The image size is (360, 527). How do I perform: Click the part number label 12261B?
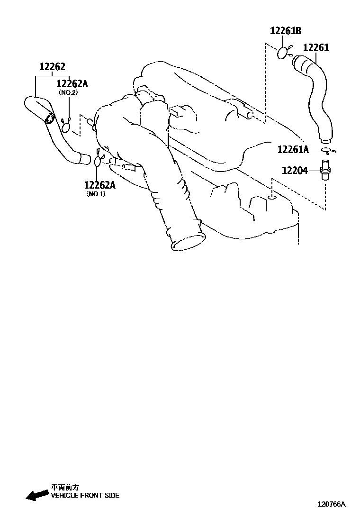(286, 31)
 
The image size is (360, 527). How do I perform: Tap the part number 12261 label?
(316, 48)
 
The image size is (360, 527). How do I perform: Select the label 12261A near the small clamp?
(293, 150)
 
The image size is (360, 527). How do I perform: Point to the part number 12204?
(295, 170)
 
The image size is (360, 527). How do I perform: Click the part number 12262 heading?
(52, 67)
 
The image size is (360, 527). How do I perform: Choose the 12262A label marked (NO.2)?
(72, 84)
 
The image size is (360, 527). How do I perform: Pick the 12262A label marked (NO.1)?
(100, 185)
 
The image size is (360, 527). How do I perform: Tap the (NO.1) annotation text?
(96, 194)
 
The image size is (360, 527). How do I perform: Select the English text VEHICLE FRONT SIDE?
(85, 496)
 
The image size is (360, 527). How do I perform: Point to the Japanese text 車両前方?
(65, 487)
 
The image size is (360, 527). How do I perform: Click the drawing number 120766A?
(332, 504)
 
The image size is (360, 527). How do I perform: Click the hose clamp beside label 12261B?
(284, 53)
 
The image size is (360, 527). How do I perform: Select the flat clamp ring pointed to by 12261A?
(326, 151)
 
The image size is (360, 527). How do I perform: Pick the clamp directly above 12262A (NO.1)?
(98, 161)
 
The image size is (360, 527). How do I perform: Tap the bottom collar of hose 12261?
(325, 139)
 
